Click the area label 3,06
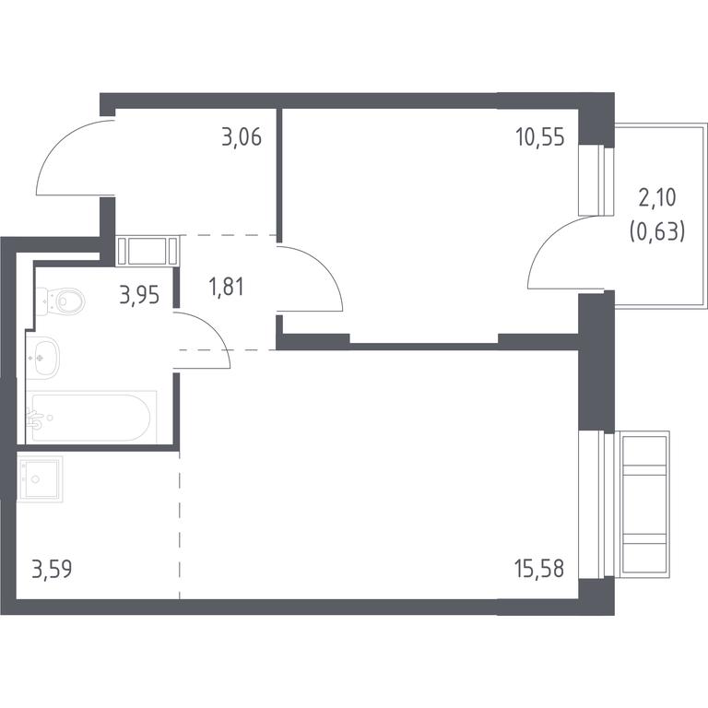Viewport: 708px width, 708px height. coord(242,137)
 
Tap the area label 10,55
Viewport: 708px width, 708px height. coord(540,137)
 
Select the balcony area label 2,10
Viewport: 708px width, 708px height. coord(657,198)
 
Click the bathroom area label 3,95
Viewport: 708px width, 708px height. coord(139,295)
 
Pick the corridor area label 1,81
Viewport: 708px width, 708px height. coord(227,288)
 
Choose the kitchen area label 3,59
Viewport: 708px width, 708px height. coord(52,569)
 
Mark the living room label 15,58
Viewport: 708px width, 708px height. coord(539,569)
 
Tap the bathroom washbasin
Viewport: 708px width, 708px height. coord(43,358)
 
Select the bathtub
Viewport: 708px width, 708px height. coord(90,418)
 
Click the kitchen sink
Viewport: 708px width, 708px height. coord(40,479)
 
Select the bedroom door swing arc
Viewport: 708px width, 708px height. coord(322,265)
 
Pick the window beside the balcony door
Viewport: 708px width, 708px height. coord(596,180)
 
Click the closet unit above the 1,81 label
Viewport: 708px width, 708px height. coord(147,251)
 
